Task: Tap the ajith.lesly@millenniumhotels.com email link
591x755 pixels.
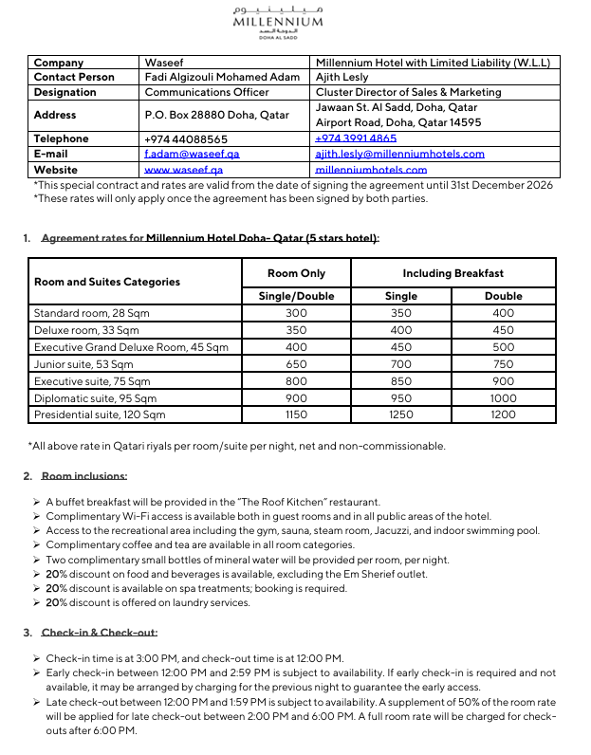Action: (x=399, y=154)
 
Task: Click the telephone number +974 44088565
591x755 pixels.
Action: (x=185, y=138)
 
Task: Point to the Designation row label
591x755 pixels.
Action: (x=65, y=92)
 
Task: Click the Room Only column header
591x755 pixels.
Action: (x=296, y=273)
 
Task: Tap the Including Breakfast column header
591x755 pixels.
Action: (x=452, y=273)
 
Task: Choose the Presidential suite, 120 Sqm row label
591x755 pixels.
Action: (x=99, y=414)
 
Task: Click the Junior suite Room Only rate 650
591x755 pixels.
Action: (x=296, y=363)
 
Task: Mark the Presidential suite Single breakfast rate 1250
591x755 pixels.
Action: (x=401, y=414)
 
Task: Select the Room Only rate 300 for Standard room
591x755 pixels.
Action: (x=296, y=312)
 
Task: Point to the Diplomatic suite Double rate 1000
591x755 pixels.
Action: (x=504, y=398)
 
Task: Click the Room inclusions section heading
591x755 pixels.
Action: (x=83, y=476)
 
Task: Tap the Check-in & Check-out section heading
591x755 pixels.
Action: (x=99, y=633)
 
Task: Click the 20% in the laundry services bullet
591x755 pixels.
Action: (x=56, y=602)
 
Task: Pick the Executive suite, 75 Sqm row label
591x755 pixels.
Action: (x=91, y=381)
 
